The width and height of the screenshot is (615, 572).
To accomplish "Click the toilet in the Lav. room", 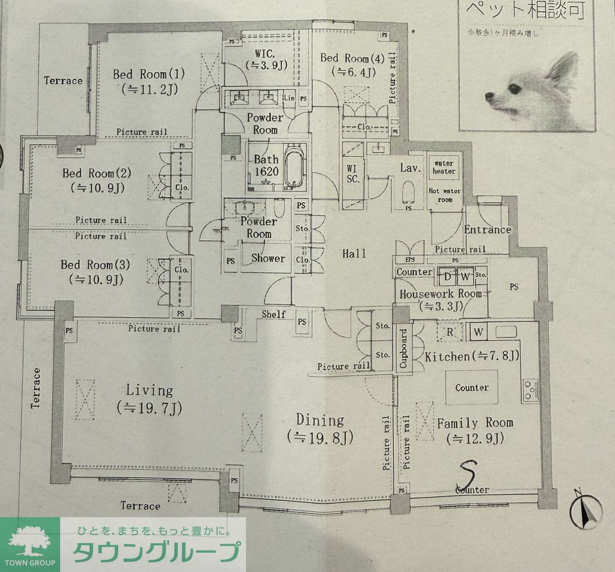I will click(x=410, y=192).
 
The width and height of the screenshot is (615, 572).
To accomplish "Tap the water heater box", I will click(x=444, y=167).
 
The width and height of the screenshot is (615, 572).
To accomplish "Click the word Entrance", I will click(x=487, y=230).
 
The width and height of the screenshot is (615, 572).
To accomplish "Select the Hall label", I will click(x=354, y=254).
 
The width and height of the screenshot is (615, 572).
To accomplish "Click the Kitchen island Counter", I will click(x=471, y=388).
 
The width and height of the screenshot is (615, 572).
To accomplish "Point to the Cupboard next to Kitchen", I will click(x=402, y=348).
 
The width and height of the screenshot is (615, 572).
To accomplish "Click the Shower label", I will click(x=268, y=258).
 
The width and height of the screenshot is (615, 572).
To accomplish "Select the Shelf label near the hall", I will click(x=274, y=314).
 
